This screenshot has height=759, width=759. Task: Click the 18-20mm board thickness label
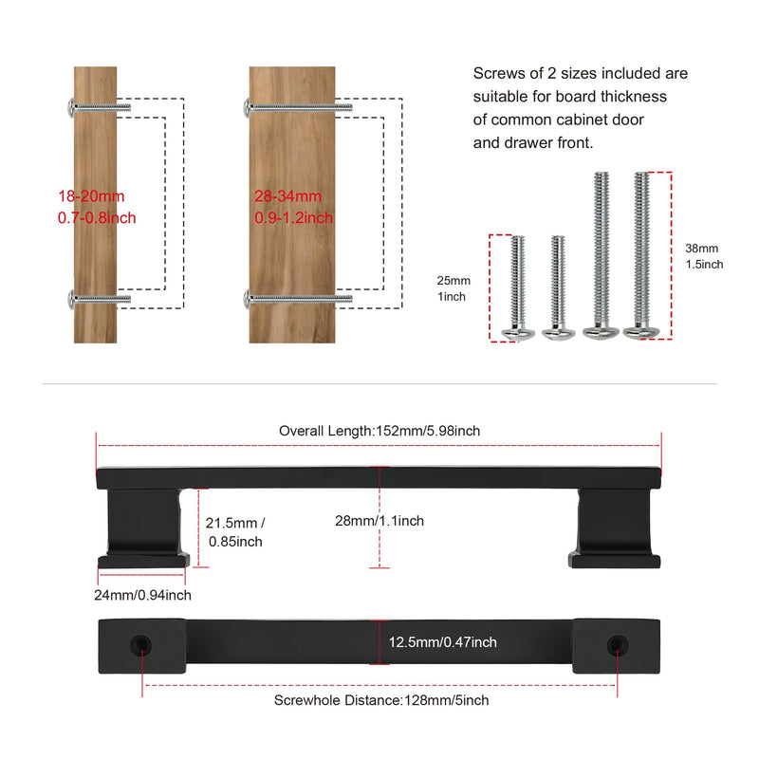[x=97, y=207]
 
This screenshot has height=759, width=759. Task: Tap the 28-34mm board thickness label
[x=293, y=207]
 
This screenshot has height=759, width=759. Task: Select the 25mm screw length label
[x=454, y=288]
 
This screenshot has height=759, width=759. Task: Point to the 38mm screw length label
[x=704, y=256]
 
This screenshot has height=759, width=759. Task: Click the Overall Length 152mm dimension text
[x=379, y=431]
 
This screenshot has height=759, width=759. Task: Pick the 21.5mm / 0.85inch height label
[x=235, y=532]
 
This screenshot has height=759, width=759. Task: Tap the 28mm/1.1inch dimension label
[x=379, y=521]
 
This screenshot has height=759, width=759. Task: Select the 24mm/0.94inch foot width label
[x=143, y=595]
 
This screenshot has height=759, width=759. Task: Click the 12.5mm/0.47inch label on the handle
[x=443, y=642]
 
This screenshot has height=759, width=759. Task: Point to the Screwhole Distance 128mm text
[x=381, y=700]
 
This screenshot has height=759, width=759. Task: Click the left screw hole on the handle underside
[x=140, y=645]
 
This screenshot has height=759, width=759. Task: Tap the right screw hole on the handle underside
[x=618, y=645]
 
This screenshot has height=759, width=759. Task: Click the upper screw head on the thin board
[x=70, y=107]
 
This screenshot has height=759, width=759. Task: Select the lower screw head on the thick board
[x=247, y=299]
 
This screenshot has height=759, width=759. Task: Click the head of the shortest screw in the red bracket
[x=517, y=334]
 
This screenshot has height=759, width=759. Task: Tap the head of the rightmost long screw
[x=641, y=333]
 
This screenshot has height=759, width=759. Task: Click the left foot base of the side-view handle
[x=143, y=561]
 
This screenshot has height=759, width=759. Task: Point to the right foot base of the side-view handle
[x=614, y=561]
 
